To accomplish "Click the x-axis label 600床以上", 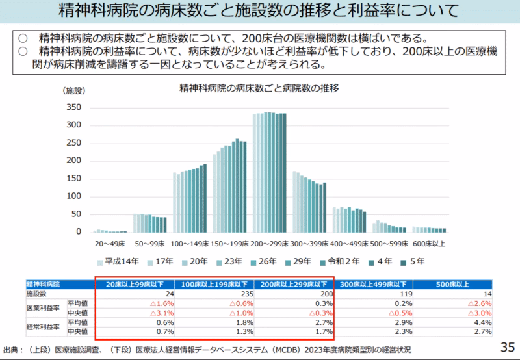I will [429, 244].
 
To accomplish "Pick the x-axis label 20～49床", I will [111, 244].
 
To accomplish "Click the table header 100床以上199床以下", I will [214, 284].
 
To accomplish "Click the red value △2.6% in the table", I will [481, 303].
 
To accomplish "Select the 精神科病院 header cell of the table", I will [43, 284].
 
